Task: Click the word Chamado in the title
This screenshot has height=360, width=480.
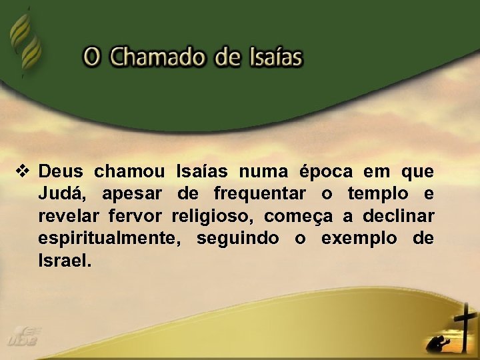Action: click(158, 57)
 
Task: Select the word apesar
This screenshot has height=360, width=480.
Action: click(133, 195)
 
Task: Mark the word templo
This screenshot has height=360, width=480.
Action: click(375, 195)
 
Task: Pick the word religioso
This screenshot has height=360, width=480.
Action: click(213, 217)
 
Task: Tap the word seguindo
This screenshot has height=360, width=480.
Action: click(237, 239)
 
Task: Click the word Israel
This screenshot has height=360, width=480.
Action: click(64, 260)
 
